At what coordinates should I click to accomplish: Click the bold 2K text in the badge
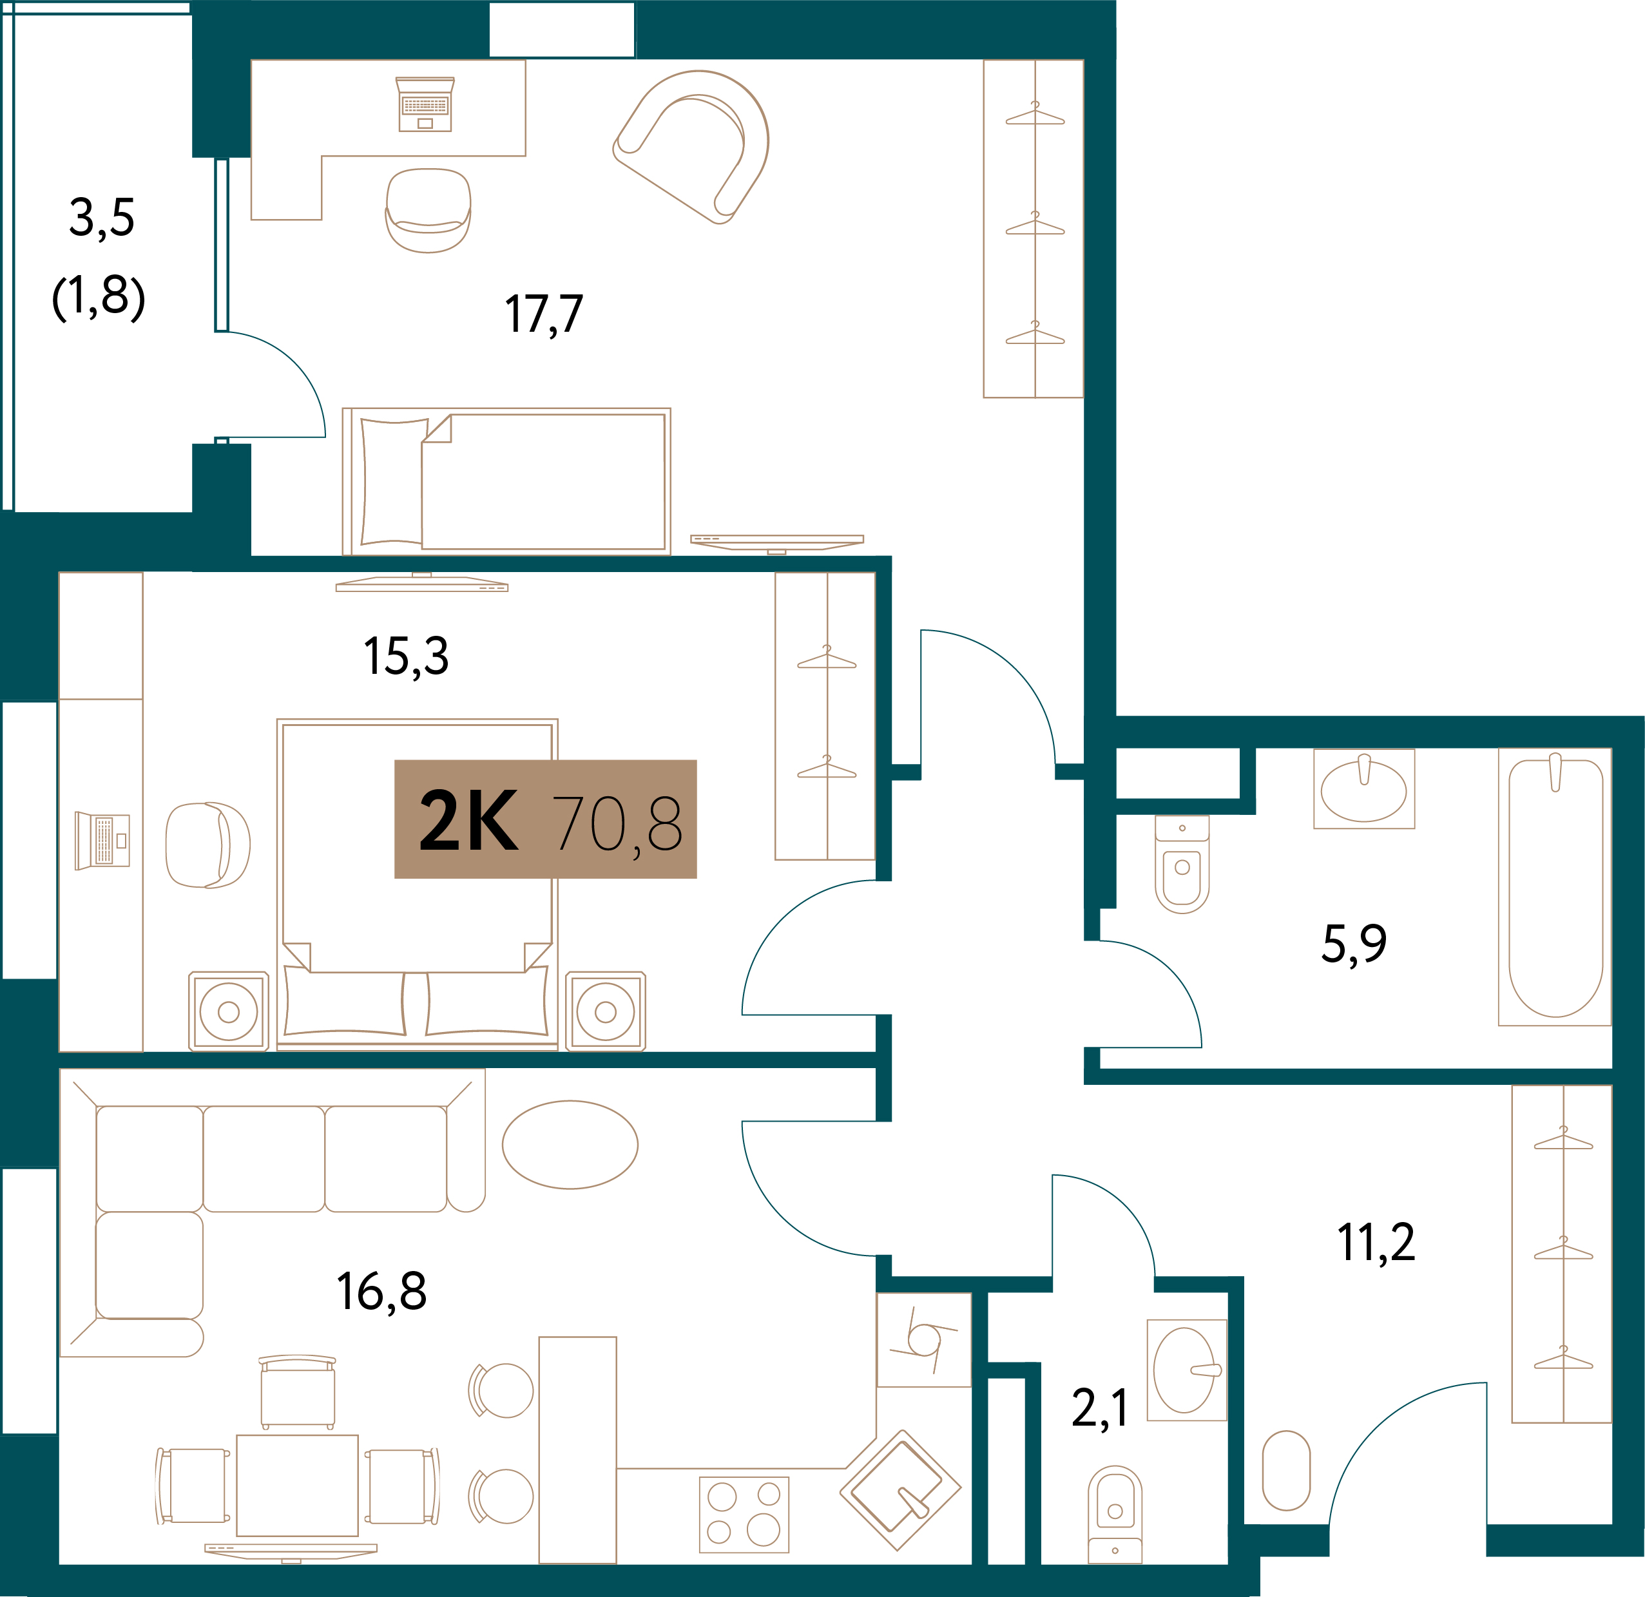[x=468, y=821]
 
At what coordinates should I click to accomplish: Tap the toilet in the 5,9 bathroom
[x=1182, y=865]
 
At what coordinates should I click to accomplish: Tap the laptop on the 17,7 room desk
[x=425, y=104]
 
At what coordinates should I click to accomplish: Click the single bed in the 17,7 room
[x=506, y=481]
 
